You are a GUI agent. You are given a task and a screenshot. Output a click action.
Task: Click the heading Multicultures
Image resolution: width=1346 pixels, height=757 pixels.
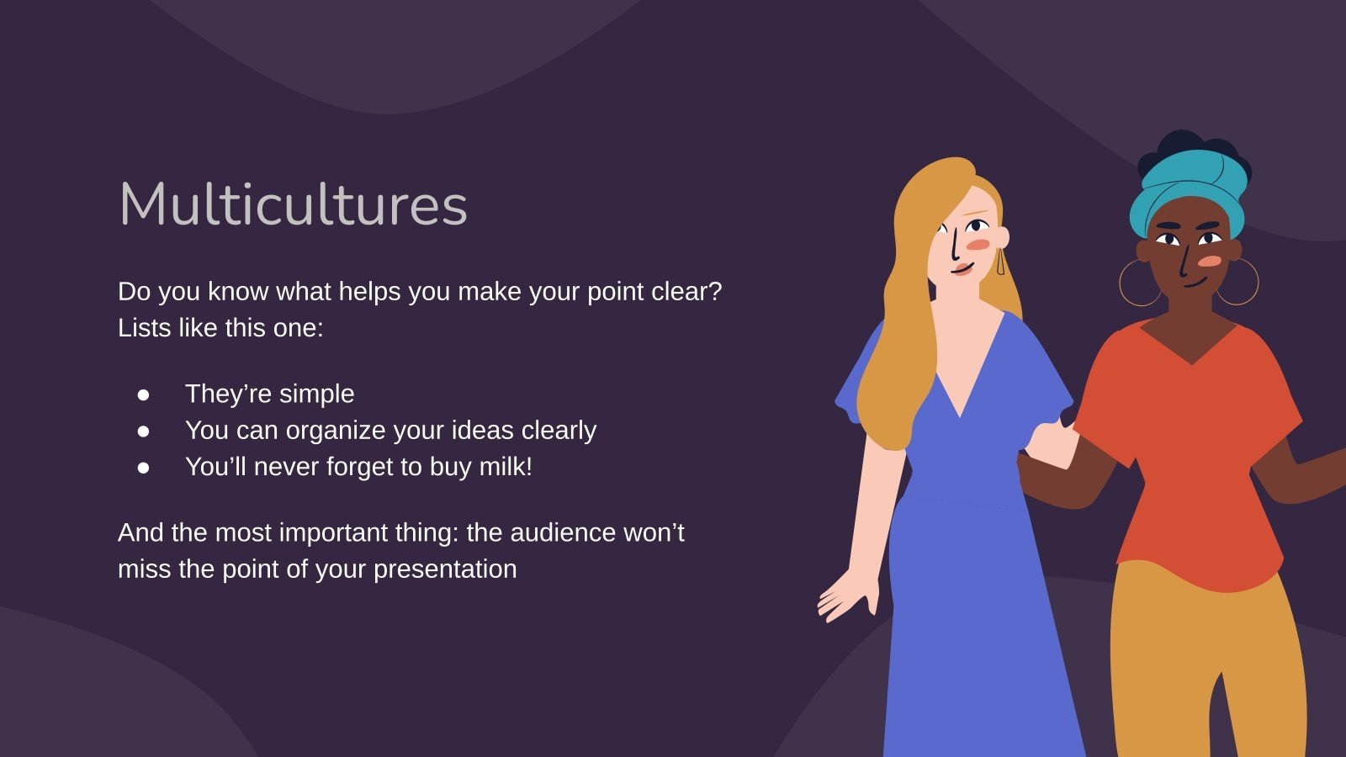click(x=293, y=204)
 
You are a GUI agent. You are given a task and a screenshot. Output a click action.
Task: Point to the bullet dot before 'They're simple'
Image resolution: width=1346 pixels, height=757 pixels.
click(x=144, y=394)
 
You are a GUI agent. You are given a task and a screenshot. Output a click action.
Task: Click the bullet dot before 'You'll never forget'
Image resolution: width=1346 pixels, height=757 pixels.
click(x=144, y=467)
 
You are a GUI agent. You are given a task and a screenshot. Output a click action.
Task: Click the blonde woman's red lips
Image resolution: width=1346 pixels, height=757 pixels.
click(x=962, y=269)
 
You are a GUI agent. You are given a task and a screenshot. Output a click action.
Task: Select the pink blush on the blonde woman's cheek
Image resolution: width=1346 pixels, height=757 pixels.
click(x=978, y=244)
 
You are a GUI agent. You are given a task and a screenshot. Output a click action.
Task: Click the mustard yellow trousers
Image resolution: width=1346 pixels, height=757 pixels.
click(x=1203, y=656)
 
